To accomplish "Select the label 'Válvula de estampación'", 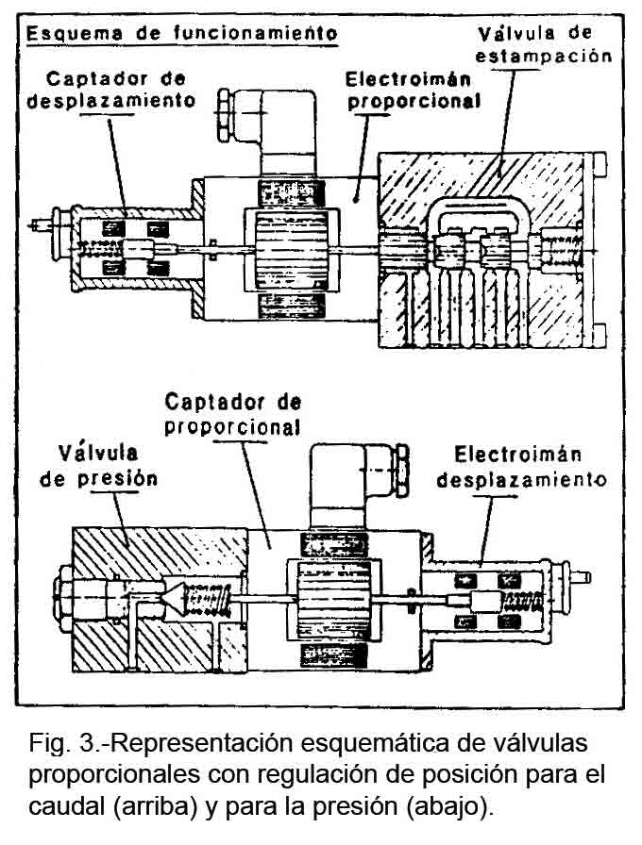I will (x=543, y=45).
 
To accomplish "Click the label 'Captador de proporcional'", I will (x=232, y=414).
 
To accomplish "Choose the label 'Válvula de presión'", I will (x=105, y=466).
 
